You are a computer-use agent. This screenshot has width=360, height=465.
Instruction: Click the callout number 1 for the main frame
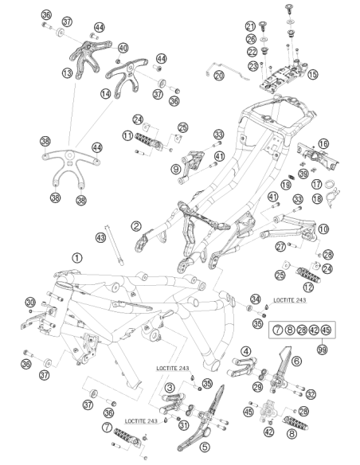click(x=77, y=258)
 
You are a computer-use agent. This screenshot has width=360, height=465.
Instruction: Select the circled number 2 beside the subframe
click(x=136, y=226)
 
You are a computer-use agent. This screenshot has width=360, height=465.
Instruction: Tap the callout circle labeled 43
click(x=101, y=237)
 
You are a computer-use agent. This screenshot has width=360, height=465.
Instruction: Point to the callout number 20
click(x=219, y=76)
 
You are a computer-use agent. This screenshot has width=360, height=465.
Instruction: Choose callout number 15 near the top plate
click(x=312, y=74)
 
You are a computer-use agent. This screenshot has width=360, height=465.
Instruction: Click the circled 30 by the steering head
click(x=30, y=303)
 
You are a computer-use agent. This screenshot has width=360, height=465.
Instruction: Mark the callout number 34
click(x=256, y=299)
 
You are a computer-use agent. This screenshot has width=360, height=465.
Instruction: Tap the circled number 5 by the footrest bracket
click(x=205, y=447)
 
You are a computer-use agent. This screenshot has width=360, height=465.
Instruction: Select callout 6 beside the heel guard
click(x=296, y=361)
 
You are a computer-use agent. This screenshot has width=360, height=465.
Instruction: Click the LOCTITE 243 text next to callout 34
click(x=289, y=300)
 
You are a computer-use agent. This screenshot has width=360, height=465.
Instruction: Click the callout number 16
click(x=323, y=144)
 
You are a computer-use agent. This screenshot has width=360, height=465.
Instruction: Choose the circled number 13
click(x=68, y=72)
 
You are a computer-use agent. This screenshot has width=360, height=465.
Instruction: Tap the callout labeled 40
click(x=123, y=48)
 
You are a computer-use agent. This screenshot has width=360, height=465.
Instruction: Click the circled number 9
click(x=176, y=169)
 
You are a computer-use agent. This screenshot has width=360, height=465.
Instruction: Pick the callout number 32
click(x=311, y=394)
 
